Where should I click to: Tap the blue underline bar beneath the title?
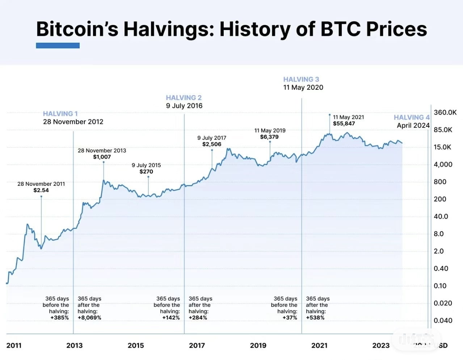point(58,45)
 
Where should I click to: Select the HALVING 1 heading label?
point(60,114)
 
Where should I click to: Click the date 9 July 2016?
point(184,106)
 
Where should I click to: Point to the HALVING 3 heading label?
point(301,79)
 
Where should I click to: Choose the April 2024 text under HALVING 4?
point(413,125)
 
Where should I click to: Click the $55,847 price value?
point(344,124)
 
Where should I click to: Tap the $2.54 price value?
point(41,190)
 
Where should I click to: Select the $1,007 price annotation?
point(102,157)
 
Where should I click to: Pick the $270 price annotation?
point(146,171)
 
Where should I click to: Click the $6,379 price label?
point(269,137)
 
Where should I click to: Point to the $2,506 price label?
point(211,144)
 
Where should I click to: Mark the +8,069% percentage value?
point(89,318)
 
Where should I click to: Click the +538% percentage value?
point(315,318)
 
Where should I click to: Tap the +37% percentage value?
point(290,318)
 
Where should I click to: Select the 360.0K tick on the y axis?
point(445,112)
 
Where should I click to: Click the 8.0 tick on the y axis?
point(438,234)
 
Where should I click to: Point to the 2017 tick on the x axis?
point(197,346)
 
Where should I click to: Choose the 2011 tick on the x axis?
point(14,346)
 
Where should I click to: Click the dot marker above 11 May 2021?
point(329,114)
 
